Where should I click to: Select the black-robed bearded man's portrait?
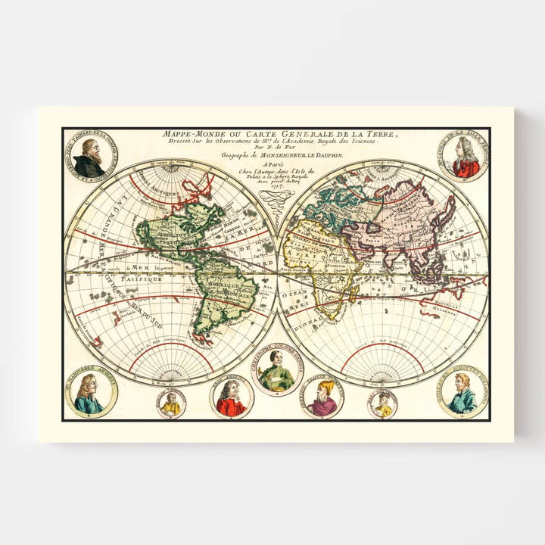coord(90,159)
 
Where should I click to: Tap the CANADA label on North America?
coord(203,211)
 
